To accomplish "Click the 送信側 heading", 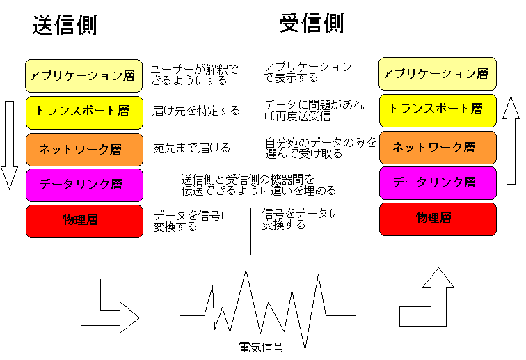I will tap(64, 25).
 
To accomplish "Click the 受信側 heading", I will tap(311, 24).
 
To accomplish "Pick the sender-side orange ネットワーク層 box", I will tap(84, 149).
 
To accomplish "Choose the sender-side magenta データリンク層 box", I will tap(84, 185).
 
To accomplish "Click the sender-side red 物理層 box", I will tap(84, 221).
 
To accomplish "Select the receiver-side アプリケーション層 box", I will tap(438, 74).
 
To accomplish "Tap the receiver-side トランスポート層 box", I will tap(438, 110).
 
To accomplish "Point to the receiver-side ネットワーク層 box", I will tap(438, 147).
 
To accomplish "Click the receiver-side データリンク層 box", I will tap(438, 182).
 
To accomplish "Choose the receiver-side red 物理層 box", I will tap(438, 219).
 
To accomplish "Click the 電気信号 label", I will tap(261, 347).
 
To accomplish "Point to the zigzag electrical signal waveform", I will tap(268, 306).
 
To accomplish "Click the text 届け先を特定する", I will tap(196, 111).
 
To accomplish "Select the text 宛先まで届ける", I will tap(191, 148).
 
